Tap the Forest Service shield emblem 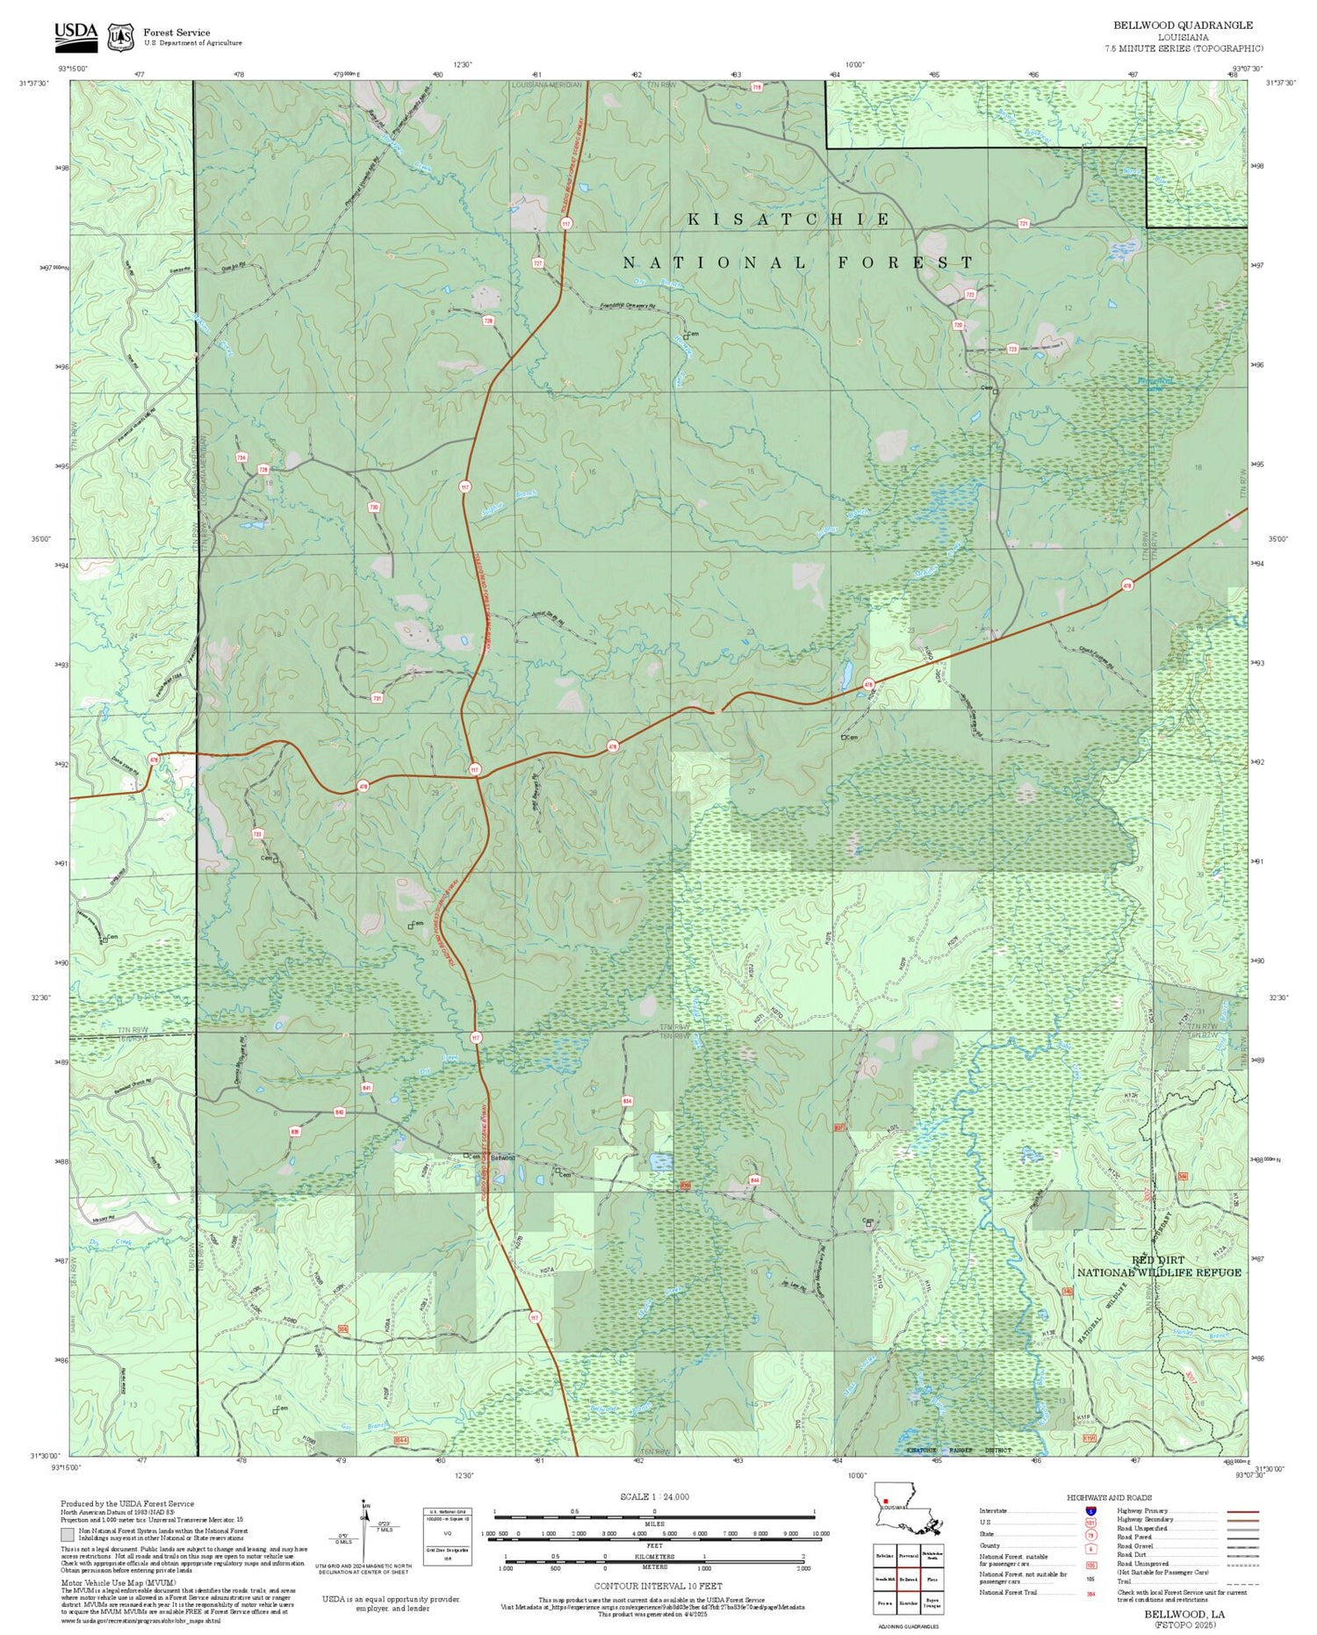(120, 37)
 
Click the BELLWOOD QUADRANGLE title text (1183, 25)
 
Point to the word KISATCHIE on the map (788, 220)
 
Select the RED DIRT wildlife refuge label (1157, 1260)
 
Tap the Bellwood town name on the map (503, 1157)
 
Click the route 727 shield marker (537, 263)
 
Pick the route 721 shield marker (1024, 224)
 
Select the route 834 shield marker (627, 1100)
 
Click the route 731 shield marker (378, 698)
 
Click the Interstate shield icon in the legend (1091, 1511)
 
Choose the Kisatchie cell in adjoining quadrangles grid (908, 1603)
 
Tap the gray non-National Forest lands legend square (68, 1535)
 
